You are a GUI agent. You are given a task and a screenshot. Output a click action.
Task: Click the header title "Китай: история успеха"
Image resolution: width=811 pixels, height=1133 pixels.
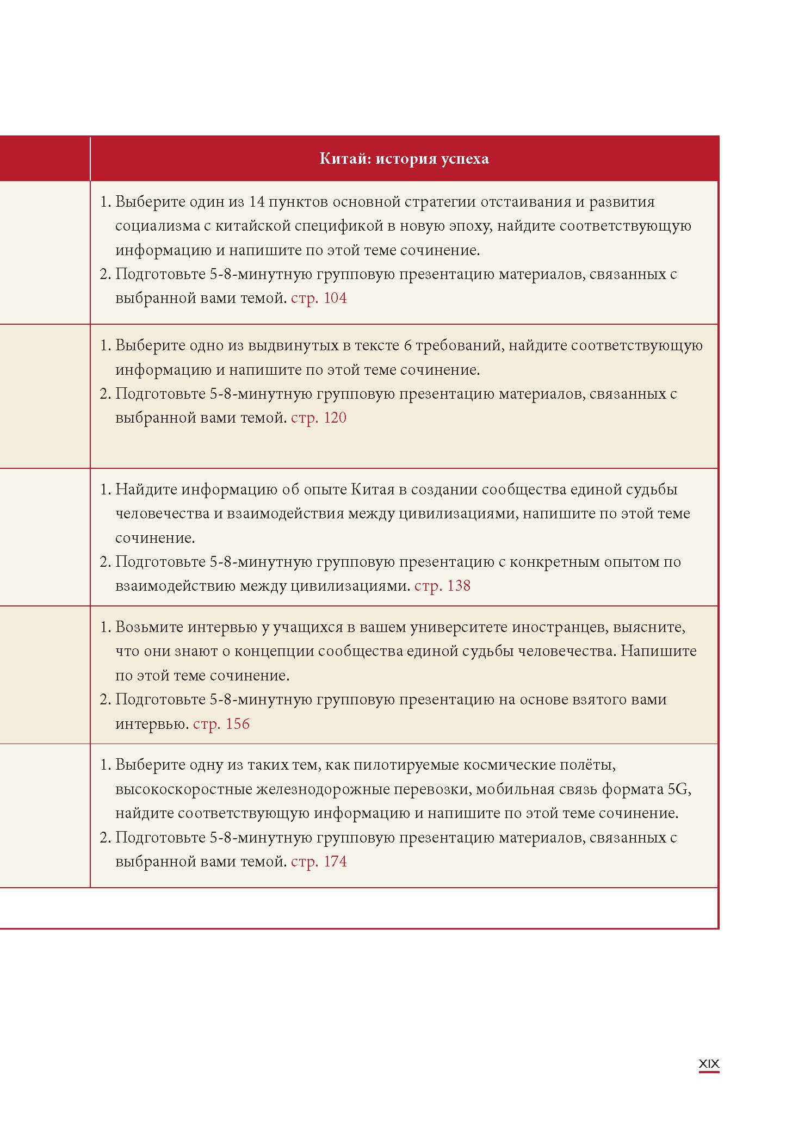[x=404, y=159]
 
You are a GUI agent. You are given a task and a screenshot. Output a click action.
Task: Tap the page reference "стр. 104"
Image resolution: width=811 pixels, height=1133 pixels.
[x=319, y=298]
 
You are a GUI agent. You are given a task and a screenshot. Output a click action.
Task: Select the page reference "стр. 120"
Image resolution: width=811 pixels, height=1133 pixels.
[x=319, y=418]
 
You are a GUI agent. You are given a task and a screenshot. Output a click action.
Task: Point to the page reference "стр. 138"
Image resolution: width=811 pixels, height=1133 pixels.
[x=442, y=586]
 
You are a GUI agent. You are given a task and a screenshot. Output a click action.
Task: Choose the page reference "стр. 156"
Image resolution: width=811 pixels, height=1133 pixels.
[x=221, y=724]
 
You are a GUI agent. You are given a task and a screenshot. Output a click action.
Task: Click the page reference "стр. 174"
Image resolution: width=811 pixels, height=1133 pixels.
[x=319, y=862]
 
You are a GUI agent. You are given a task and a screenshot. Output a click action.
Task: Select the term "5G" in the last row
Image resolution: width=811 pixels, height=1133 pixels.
[x=678, y=789]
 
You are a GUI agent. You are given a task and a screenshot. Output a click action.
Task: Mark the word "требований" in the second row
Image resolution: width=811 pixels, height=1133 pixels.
[x=454, y=345]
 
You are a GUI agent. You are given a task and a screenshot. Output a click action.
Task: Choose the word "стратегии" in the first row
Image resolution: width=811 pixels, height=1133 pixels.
[x=470, y=202]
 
